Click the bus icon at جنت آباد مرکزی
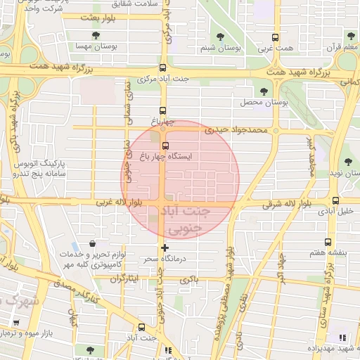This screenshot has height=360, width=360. [163, 68]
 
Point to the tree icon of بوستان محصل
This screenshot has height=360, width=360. [264, 91]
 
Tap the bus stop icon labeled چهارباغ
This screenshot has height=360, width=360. [163, 110]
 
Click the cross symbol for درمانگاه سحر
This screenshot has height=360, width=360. [165, 247]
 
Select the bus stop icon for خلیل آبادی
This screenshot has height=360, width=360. [345, 200]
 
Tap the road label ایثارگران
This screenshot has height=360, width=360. [134, 278]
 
